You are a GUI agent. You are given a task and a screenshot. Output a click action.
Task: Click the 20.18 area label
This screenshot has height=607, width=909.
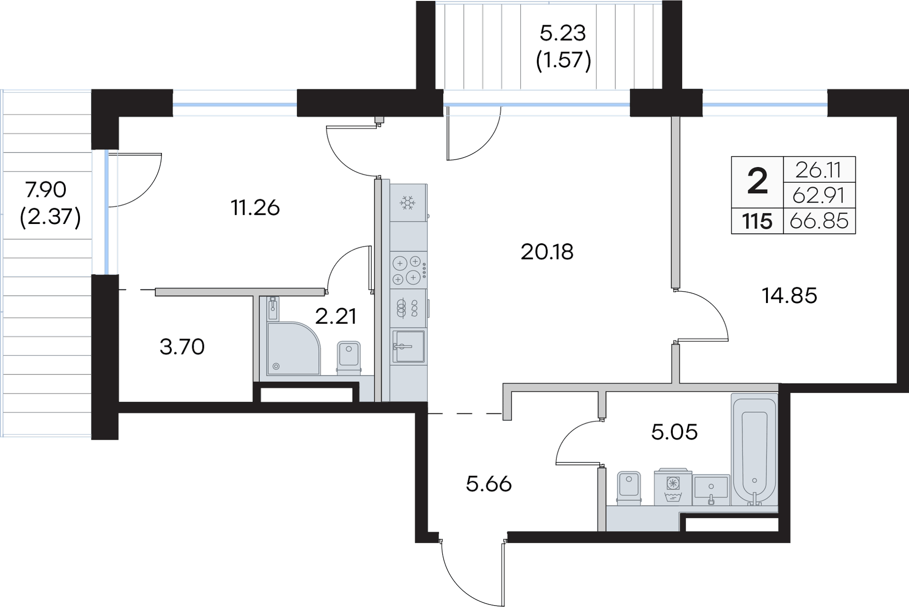tap(547, 252)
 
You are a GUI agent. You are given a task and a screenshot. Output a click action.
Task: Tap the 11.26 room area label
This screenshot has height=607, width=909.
tap(255, 208)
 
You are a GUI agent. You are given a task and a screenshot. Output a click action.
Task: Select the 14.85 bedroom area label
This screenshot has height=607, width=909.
tap(789, 295)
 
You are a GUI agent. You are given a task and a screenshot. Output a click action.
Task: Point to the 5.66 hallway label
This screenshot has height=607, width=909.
tap(489, 484)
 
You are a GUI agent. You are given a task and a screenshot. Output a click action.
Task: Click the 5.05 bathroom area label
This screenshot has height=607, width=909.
tap(674, 432)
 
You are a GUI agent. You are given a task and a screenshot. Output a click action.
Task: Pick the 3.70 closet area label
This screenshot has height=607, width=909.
tap(182, 347)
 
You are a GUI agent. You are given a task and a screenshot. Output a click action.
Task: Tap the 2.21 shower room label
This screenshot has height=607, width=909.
tap(335, 316)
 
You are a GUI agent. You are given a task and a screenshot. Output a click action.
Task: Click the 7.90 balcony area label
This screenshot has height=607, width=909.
tap(46, 190)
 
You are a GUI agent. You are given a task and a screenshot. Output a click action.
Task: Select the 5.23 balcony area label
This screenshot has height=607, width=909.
tap(563, 33)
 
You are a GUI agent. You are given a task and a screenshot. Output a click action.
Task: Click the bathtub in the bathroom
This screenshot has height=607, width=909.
tap(754, 450)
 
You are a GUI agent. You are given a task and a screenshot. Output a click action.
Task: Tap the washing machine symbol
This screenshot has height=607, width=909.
tap(673, 487)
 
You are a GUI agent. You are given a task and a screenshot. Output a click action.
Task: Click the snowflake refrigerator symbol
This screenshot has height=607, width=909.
tap(407, 203)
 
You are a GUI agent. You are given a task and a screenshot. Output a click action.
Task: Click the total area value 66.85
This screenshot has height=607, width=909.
tap(819, 221)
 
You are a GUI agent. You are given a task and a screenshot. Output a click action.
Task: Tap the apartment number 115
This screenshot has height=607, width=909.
tap(757, 221)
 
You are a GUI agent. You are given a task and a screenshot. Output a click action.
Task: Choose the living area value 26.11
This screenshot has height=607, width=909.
tap(819, 170)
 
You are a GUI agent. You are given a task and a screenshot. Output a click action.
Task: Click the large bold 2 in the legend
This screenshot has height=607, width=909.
tap(757, 182)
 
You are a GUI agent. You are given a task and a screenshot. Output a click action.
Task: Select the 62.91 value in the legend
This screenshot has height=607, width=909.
tap(819, 195)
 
